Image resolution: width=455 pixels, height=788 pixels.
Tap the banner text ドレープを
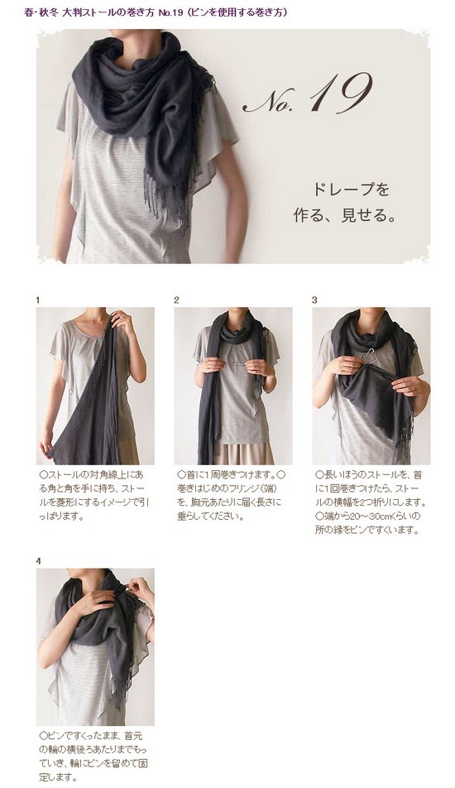point(351,190)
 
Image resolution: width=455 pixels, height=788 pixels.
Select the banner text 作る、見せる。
point(344,215)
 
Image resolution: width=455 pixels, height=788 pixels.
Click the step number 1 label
point(38,300)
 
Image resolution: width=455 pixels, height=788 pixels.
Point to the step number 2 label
point(176,300)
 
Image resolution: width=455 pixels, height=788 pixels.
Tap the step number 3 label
point(314,300)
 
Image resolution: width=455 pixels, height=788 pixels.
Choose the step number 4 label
point(38,561)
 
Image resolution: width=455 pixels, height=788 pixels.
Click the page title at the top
point(156,12)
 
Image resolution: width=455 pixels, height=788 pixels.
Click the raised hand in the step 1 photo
point(122,321)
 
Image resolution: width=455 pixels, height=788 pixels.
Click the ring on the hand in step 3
point(412,388)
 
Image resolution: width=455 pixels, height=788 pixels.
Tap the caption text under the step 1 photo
point(94,495)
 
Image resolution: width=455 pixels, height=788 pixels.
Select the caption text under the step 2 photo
point(231,495)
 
